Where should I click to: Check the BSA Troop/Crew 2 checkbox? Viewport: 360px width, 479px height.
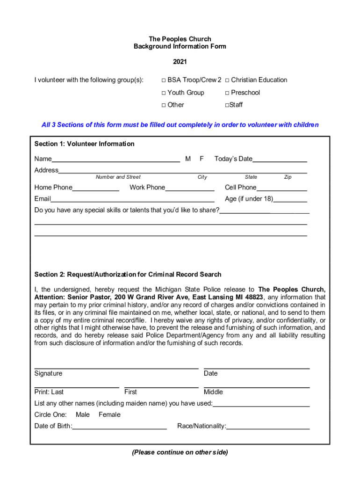pos(164,80)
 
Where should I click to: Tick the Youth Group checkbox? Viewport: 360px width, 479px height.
pos(164,93)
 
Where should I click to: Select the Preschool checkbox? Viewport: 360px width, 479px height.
pos(227,93)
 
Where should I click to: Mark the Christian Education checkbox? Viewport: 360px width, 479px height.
pos(227,80)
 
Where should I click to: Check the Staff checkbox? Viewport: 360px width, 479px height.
pos(227,105)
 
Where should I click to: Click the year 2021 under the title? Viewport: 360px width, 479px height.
pos(180,62)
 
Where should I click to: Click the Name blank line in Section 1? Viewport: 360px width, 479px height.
pos(115,160)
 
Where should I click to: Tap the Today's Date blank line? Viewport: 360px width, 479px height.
pos(280,160)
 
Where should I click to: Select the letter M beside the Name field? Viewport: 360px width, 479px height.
pos(187,159)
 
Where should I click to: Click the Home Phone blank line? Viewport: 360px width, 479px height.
pos(96,188)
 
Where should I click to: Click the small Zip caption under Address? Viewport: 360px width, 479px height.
pos(288,177)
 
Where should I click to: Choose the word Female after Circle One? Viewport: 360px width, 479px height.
pos(109,414)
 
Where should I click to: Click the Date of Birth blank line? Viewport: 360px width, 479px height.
pos(120,427)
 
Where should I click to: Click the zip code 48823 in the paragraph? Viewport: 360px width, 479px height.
pos(253,298)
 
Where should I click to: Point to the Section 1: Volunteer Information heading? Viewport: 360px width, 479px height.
pos(84,144)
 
